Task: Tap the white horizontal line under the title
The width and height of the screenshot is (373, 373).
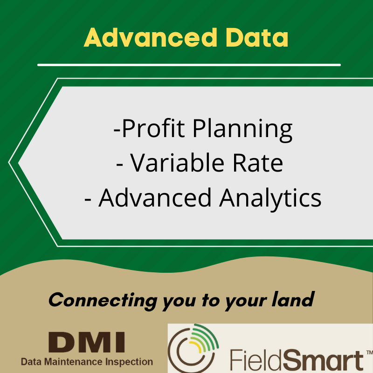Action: click(x=189, y=65)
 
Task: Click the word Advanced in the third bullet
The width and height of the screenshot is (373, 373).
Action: click(x=156, y=198)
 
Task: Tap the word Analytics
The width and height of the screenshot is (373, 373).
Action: click(x=270, y=198)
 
